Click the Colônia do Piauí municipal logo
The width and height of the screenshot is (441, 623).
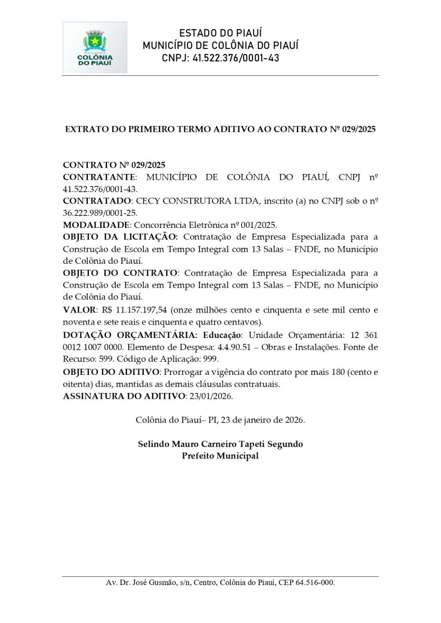point(95,48)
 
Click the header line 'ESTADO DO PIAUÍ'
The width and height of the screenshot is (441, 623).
point(220,33)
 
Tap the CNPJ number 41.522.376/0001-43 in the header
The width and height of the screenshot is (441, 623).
point(235,58)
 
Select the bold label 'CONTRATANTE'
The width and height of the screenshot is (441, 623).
point(99,177)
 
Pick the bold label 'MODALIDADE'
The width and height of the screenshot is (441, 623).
point(96,225)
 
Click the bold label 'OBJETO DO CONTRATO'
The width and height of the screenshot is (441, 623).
point(120,273)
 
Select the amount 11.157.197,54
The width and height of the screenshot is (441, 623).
point(142,310)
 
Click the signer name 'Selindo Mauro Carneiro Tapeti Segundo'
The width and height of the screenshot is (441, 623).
point(220,444)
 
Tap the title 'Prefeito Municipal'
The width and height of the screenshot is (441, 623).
point(220,456)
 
